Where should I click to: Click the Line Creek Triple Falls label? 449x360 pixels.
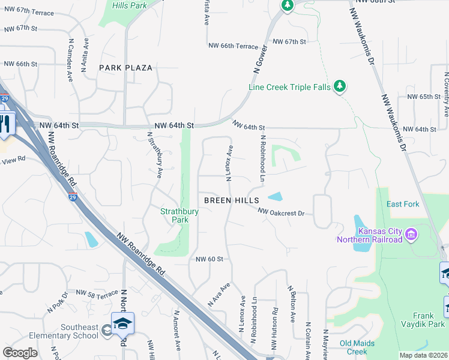(289, 87)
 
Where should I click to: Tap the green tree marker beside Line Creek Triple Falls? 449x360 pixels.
(340, 86)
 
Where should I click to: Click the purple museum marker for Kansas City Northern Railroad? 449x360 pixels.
(411, 233)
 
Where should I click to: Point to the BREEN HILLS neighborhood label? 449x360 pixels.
(231, 200)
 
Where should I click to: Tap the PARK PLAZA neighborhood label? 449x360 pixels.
(126, 68)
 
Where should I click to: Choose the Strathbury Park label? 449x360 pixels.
(175, 215)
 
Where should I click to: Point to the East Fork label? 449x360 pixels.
(403, 204)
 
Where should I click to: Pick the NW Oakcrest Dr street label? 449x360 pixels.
(282, 212)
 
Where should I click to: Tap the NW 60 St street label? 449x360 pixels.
(209, 259)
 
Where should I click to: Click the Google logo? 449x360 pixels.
(20, 353)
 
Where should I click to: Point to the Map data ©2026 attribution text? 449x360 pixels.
(423, 355)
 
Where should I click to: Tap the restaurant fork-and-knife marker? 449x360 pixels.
(5, 123)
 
